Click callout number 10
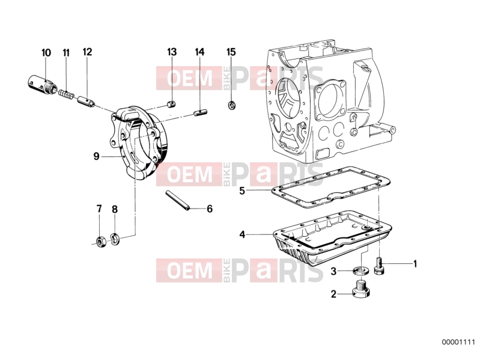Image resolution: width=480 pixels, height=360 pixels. click(x=46, y=53)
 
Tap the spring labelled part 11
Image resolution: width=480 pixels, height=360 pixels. click(x=66, y=94)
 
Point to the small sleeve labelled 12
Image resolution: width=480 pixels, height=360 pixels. click(x=86, y=102)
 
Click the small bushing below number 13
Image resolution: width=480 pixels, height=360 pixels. click(x=171, y=104)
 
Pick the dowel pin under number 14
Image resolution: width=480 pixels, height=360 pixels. click(x=201, y=112)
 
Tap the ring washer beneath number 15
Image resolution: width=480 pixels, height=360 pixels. click(x=232, y=105)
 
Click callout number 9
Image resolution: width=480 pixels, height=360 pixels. click(x=97, y=156)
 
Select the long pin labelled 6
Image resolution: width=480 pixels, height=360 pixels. click(x=178, y=201)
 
